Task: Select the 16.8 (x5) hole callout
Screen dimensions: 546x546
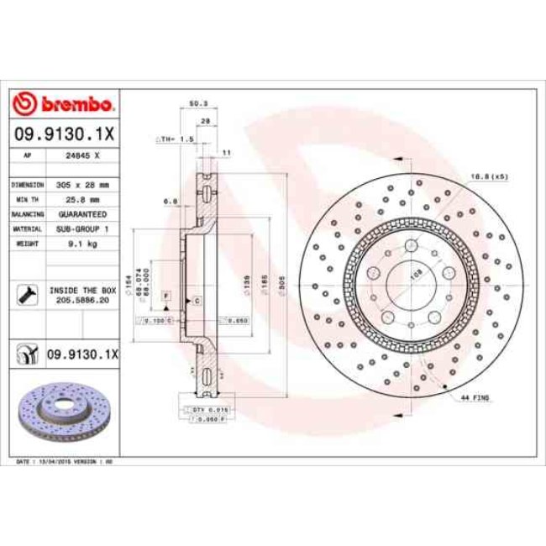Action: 489,176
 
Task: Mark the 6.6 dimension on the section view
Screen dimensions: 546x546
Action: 168,201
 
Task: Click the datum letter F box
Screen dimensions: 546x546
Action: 166,297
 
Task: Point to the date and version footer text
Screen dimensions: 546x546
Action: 66,462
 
